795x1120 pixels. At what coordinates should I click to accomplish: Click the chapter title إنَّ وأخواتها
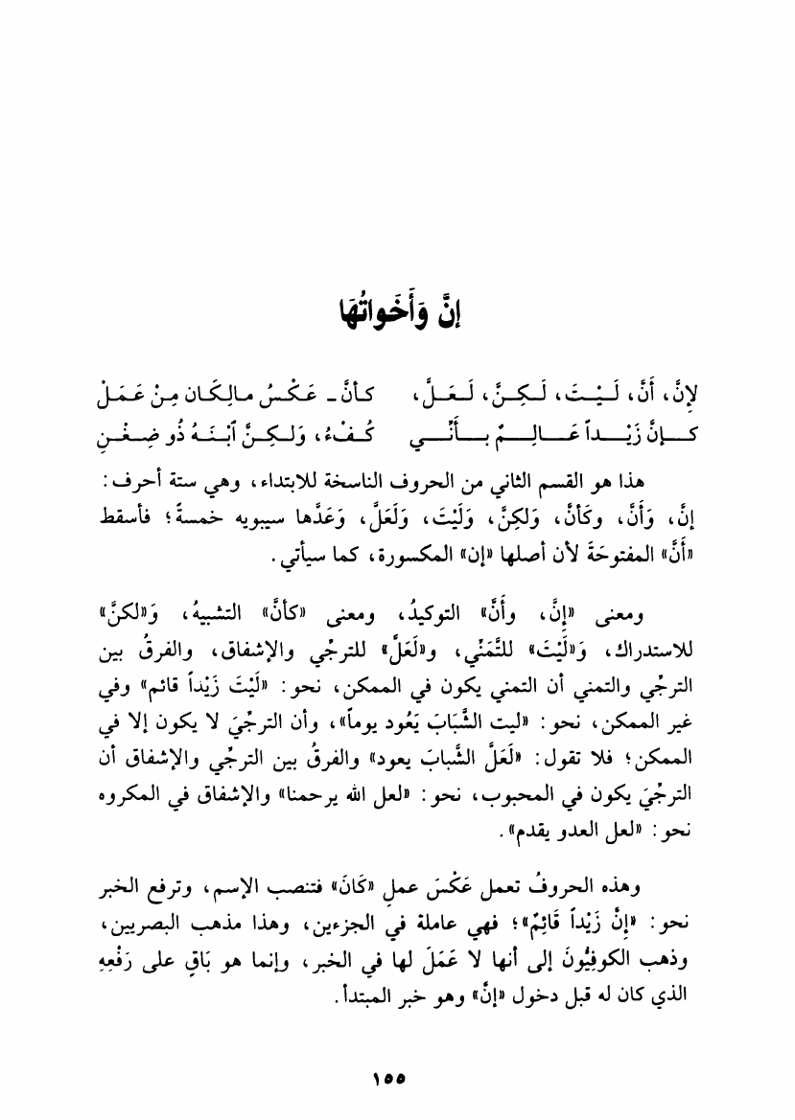397,313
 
